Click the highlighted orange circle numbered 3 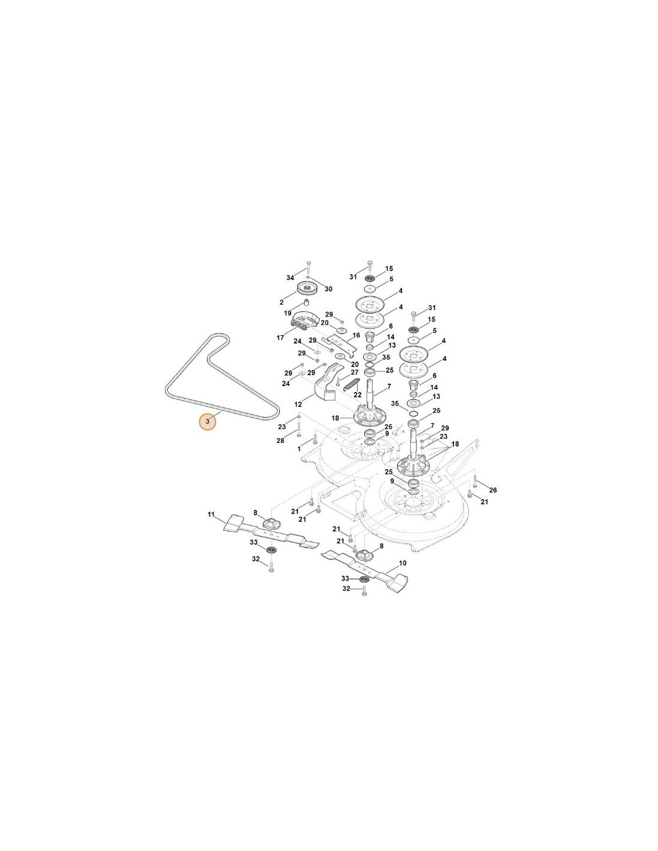208,422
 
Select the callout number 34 290,278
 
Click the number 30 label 328,289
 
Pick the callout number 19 288,314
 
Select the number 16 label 356,335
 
